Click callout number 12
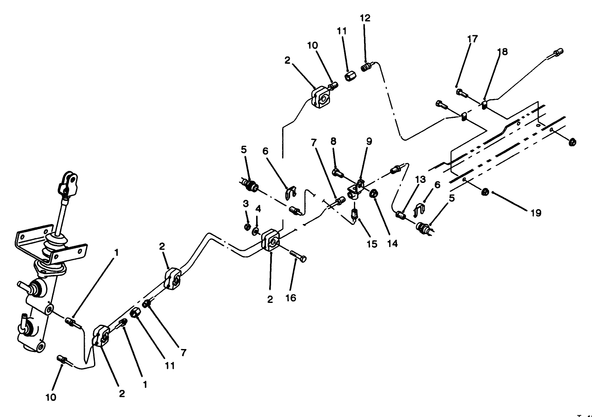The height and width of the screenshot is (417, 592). click(365, 18)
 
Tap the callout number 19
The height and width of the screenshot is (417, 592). click(535, 213)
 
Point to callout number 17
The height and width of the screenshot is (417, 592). click(472, 39)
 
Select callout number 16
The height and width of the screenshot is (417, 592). click(291, 298)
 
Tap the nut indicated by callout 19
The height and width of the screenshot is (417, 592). click(483, 192)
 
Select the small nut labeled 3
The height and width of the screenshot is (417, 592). click(247, 227)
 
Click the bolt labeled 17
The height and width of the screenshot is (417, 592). click(460, 92)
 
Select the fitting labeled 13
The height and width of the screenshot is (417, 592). click(401, 216)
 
